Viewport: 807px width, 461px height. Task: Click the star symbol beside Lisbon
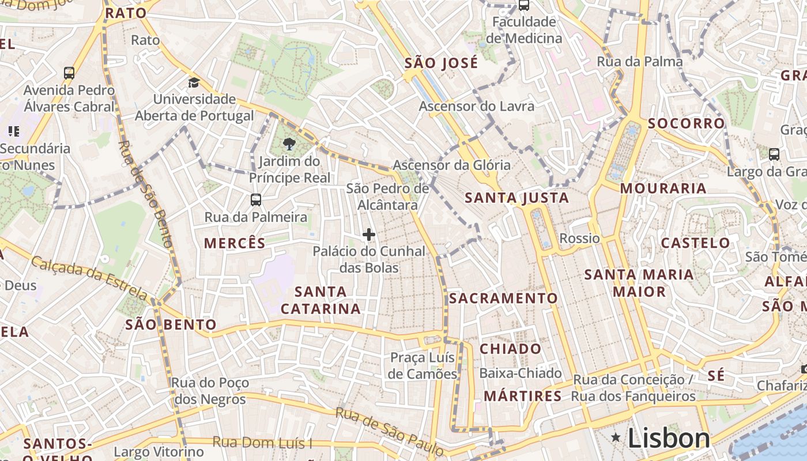tap(616, 439)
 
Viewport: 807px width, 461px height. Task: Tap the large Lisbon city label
tap(669, 439)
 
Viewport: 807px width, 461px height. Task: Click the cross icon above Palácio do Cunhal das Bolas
tap(369, 235)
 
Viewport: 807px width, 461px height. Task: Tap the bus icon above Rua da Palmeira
tap(256, 200)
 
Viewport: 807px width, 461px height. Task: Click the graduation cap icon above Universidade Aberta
tap(194, 82)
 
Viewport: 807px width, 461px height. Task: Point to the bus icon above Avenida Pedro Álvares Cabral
tap(69, 73)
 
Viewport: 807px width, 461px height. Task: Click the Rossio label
tap(579, 238)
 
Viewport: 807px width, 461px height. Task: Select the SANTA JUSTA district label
tap(516, 198)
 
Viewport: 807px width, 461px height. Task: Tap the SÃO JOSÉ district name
tap(441, 63)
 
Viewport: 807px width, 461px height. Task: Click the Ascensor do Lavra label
tap(476, 106)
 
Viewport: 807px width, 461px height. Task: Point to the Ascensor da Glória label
tap(451, 165)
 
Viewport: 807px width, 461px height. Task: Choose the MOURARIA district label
tap(663, 188)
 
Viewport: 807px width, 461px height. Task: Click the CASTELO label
tap(695, 243)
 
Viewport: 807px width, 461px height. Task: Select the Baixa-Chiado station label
tap(520, 373)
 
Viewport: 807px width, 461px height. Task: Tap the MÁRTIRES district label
tap(522, 396)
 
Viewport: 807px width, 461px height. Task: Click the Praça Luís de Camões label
tap(423, 365)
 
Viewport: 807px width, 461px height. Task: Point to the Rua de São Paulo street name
tap(389, 430)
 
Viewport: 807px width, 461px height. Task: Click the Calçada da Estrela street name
tap(89, 277)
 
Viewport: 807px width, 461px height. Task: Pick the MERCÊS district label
tap(235, 243)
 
